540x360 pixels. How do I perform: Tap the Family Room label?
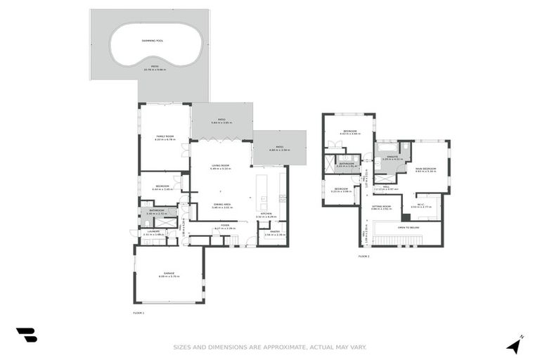coord(164,136)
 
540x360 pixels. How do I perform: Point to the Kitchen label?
coord(266,214)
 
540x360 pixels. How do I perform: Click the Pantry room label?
coord(275,231)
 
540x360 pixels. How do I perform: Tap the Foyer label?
coord(226,226)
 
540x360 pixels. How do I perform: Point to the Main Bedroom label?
coord(425,169)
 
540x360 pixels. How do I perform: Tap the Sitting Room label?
coord(381,206)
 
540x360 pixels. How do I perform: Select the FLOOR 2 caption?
coord(363,257)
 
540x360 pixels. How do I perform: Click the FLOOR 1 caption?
coord(138,311)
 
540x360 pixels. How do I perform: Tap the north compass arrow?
coord(515,345)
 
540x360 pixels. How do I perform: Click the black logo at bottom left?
coord(27,335)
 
